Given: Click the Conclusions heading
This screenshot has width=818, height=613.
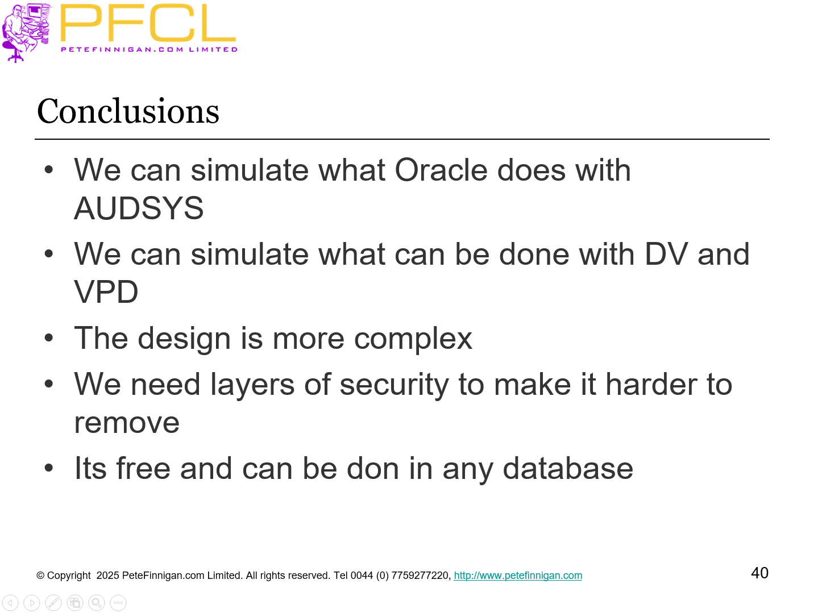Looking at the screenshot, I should [x=128, y=111].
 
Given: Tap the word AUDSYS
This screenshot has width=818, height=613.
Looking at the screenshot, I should [x=139, y=208].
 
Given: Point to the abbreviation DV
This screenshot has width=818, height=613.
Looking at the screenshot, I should [x=666, y=254].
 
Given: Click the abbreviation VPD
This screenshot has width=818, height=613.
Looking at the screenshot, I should [x=106, y=292].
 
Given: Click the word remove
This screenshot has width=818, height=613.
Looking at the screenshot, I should [x=127, y=423].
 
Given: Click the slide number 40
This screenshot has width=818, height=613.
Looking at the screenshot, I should [x=759, y=573].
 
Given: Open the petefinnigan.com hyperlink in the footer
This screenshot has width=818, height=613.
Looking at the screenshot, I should [x=517, y=576].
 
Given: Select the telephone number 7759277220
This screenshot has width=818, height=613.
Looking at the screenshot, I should [x=420, y=576].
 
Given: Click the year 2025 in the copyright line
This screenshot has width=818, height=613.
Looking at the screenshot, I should [x=107, y=576].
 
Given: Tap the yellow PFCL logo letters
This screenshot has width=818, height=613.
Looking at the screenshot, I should [x=148, y=24].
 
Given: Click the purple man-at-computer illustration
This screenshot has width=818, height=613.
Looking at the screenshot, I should [x=26, y=31].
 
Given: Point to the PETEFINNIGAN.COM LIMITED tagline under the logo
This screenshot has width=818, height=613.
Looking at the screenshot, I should [x=149, y=49].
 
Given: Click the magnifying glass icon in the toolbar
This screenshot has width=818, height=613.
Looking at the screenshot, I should [x=97, y=603].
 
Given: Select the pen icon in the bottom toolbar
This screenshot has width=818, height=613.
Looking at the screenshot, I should [x=53, y=603].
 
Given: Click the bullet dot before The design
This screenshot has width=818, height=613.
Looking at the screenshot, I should [x=49, y=339].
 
